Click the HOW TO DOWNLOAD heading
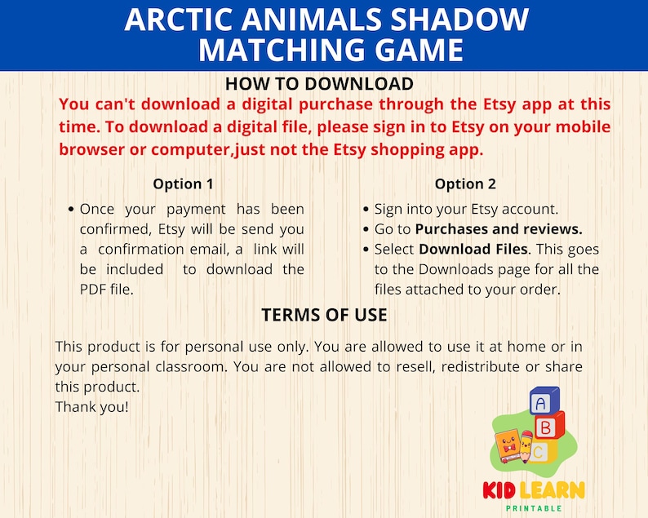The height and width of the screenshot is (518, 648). point(319,84)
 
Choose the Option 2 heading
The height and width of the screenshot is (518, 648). point(465,184)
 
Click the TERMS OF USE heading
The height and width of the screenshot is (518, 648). point(324,315)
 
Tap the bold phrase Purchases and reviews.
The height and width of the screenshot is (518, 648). point(499,229)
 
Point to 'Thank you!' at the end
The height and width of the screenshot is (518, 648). point(91,405)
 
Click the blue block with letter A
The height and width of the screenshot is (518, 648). point(542,402)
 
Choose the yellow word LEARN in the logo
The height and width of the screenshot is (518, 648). point(554,491)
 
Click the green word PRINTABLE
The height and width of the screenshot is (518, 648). point(534,508)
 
